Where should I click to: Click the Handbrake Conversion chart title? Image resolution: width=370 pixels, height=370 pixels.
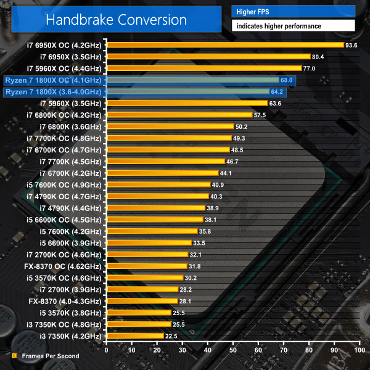pyautogui.click(x=116, y=19)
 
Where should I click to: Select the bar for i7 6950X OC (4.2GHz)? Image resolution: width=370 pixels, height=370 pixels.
pyautogui.click(x=224, y=45)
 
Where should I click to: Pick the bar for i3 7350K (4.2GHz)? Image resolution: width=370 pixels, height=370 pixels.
pyautogui.click(x=134, y=336)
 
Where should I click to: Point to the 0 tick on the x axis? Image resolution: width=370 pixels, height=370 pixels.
pyautogui.click(x=107, y=350)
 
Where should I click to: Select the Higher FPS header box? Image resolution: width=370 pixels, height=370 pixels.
pyautogui.click(x=294, y=11)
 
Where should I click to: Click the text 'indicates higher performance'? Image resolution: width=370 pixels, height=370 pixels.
pyautogui.click(x=277, y=26)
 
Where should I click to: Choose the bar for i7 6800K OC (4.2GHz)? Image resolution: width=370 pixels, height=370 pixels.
pyautogui.click(x=179, y=115)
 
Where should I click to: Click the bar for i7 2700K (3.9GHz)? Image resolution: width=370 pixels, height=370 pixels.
pyautogui.click(x=142, y=289)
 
